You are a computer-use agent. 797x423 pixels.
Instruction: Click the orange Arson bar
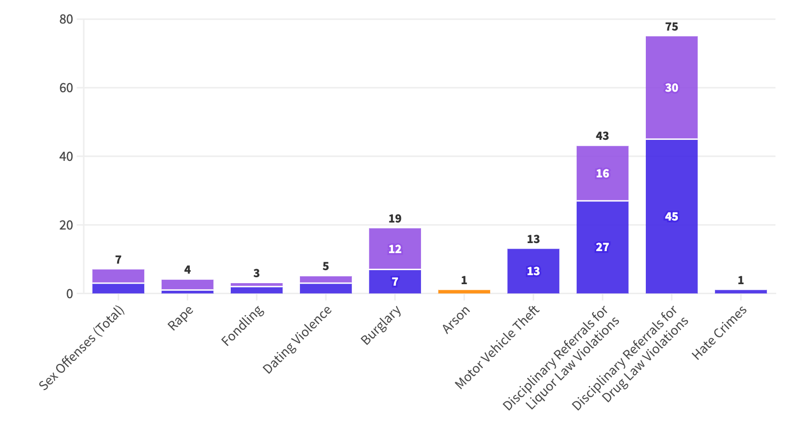[x=464, y=292]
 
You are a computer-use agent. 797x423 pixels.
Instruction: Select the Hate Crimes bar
[x=741, y=292]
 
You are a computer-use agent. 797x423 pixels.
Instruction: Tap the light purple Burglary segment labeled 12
[x=395, y=249]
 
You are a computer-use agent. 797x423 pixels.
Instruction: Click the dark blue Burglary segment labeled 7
[x=395, y=282]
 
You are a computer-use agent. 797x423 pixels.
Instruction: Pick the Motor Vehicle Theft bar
[x=533, y=271]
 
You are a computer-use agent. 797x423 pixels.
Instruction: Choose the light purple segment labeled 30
[x=672, y=87]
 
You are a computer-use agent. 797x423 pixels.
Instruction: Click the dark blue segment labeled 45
[x=672, y=217]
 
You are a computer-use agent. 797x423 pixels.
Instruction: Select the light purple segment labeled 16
[x=602, y=173]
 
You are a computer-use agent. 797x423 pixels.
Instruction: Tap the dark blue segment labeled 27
[x=602, y=248]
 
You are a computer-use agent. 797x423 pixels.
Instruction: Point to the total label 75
[x=672, y=27]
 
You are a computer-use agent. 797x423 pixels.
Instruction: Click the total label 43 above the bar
[x=602, y=136]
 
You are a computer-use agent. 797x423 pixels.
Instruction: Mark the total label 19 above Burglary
[x=395, y=218]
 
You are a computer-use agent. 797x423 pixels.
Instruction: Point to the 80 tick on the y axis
[x=66, y=19]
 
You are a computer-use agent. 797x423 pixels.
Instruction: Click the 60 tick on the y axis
[x=66, y=88]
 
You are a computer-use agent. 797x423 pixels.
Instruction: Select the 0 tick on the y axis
[x=70, y=294]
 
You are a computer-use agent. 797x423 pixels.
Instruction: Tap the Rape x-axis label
[x=181, y=318]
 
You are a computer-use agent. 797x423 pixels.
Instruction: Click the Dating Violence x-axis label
[x=297, y=339]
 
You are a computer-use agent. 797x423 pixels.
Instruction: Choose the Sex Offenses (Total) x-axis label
[x=82, y=348]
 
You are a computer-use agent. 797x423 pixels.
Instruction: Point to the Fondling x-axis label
[x=243, y=325]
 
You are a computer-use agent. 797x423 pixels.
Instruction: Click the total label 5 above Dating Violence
[x=325, y=266]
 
